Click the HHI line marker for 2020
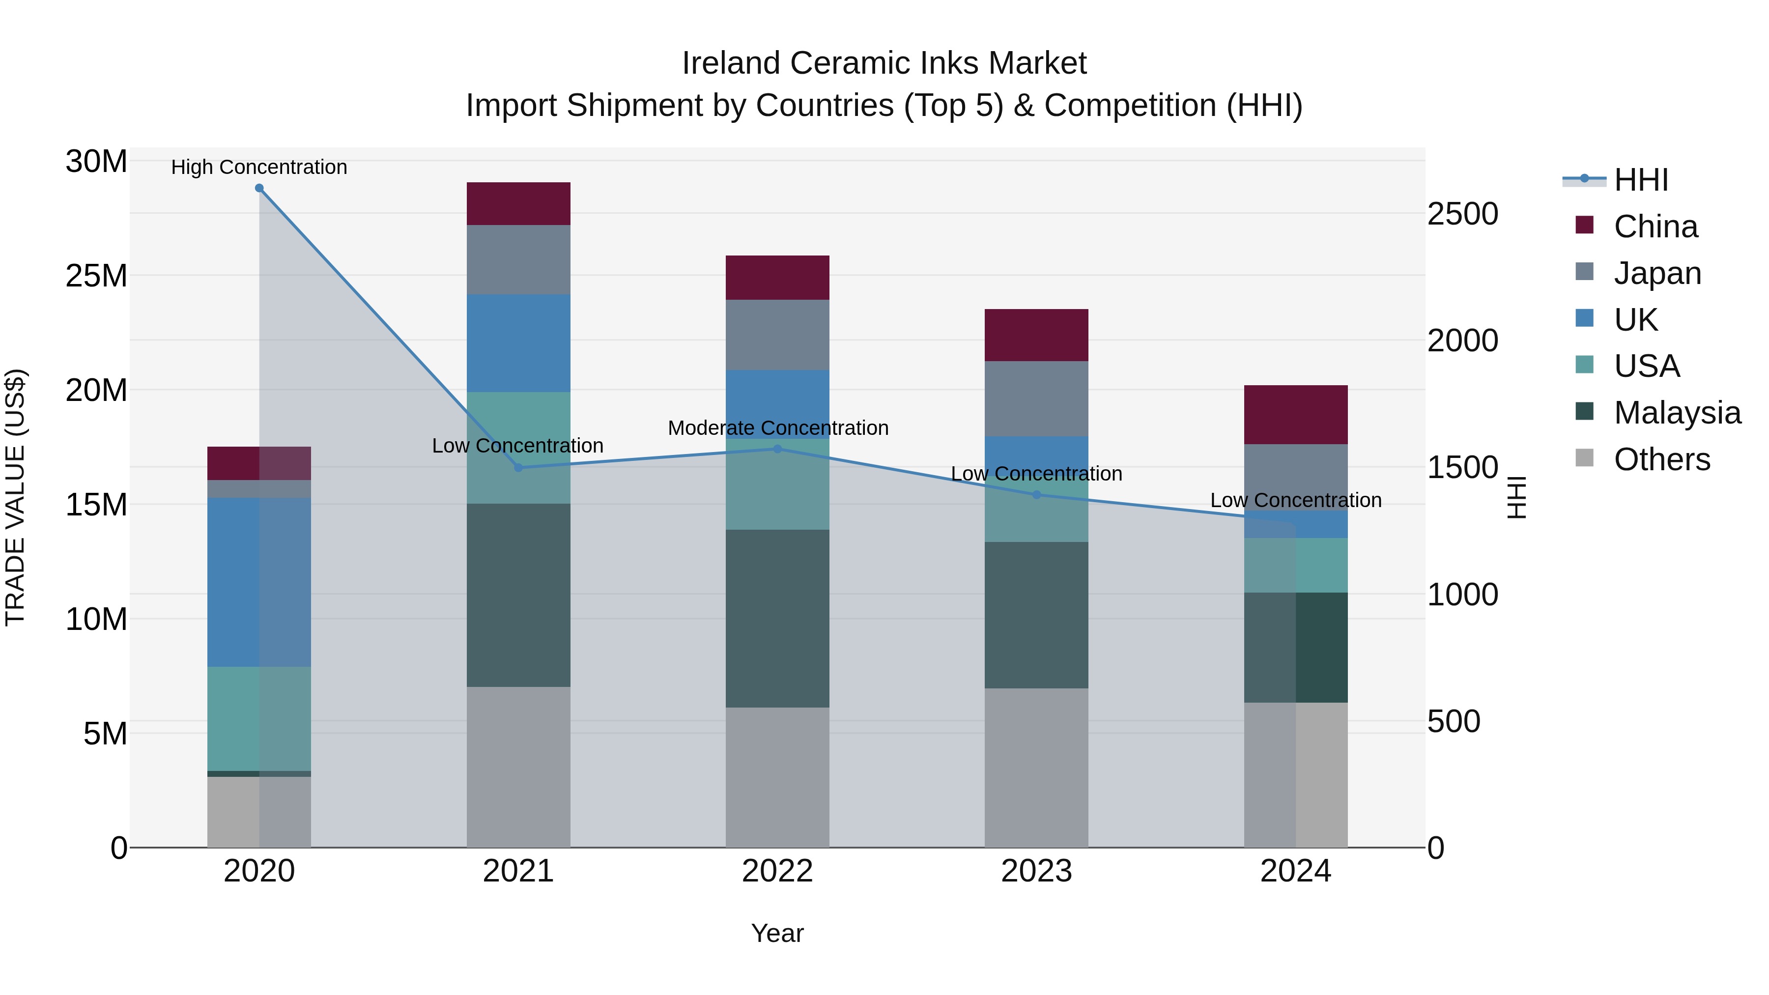tap(259, 188)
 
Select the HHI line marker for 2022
tap(777, 449)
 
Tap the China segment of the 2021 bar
tap(518, 204)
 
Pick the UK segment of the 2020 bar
tap(259, 582)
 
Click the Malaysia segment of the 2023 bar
tap(1036, 615)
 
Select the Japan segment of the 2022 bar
tap(777, 335)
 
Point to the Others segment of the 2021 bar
tap(518, 767)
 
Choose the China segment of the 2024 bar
tap(1296, 415)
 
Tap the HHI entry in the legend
tap(1641, 180)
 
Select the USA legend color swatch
tap(1584, 365)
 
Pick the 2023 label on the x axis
tap(1036, 871)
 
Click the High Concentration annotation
tap(259, 167)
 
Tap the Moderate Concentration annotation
tap(777, 428)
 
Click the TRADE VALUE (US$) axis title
tap(16, 497)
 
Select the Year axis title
tap(777, 933)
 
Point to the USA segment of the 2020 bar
tap(259, 719)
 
